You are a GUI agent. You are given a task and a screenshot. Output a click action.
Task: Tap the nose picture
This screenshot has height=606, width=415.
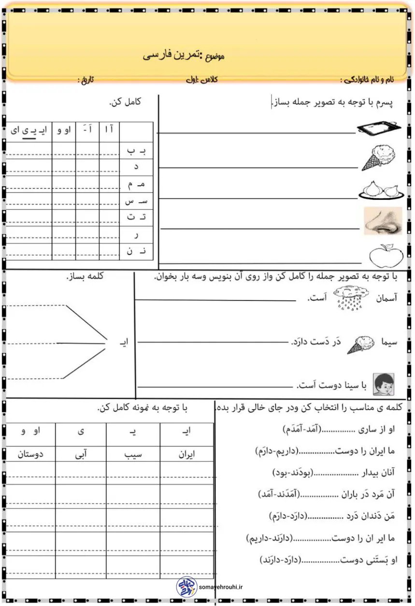(383, 221)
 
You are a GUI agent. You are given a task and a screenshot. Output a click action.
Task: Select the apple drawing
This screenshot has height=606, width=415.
(383, 254)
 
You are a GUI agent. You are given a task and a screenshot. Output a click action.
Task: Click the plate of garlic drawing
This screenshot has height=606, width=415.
(380, 189)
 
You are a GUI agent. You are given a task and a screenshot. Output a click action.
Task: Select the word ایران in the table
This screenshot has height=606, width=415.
(186, 455)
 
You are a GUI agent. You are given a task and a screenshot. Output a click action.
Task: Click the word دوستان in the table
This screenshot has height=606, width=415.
(30, 455)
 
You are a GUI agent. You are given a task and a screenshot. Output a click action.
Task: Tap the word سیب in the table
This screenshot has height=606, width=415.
(133, 455)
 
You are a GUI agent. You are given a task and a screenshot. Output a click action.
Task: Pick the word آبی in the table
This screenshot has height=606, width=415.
(80, 455)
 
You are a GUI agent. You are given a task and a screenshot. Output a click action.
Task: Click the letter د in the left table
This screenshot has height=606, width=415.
(136, 167)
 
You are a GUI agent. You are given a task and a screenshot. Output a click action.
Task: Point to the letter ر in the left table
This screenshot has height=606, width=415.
(136, 235)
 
